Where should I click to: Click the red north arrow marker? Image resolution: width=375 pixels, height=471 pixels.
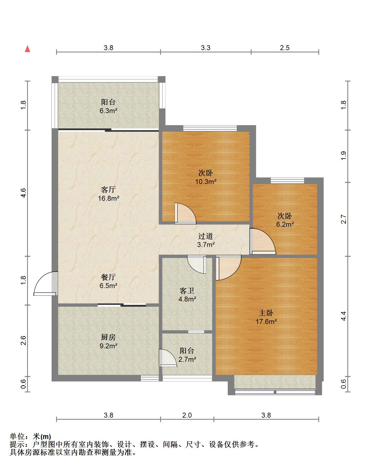point(27,49)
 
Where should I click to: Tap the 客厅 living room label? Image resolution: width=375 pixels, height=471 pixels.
point(108,189)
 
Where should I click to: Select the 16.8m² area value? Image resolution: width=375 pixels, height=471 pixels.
point(109,198)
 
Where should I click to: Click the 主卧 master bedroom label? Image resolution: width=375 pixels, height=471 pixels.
point(266,313)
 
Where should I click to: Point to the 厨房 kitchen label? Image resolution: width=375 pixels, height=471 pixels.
point(108,337)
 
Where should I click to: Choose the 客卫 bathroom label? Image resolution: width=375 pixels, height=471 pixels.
point(187,290)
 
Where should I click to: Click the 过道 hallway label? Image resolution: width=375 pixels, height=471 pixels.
point(206,236)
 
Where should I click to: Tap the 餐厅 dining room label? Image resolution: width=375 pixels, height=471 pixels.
point(108,277)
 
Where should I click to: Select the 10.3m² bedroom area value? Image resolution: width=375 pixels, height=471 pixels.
point(206,182)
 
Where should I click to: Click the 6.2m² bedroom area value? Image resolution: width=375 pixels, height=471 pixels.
point(285,225)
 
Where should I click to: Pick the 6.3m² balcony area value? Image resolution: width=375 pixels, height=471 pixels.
point(108,111)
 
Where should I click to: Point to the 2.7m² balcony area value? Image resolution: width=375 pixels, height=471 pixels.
point(187,359)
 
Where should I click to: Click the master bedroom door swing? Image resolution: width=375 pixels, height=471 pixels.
point(229,268)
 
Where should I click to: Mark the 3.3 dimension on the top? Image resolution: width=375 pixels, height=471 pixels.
point(206,48)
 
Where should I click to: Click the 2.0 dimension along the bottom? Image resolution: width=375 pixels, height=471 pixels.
point(187,415)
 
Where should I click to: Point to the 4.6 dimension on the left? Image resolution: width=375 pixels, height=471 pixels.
point(23,193)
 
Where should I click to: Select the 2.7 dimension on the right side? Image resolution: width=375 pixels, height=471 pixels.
point(344,219)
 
